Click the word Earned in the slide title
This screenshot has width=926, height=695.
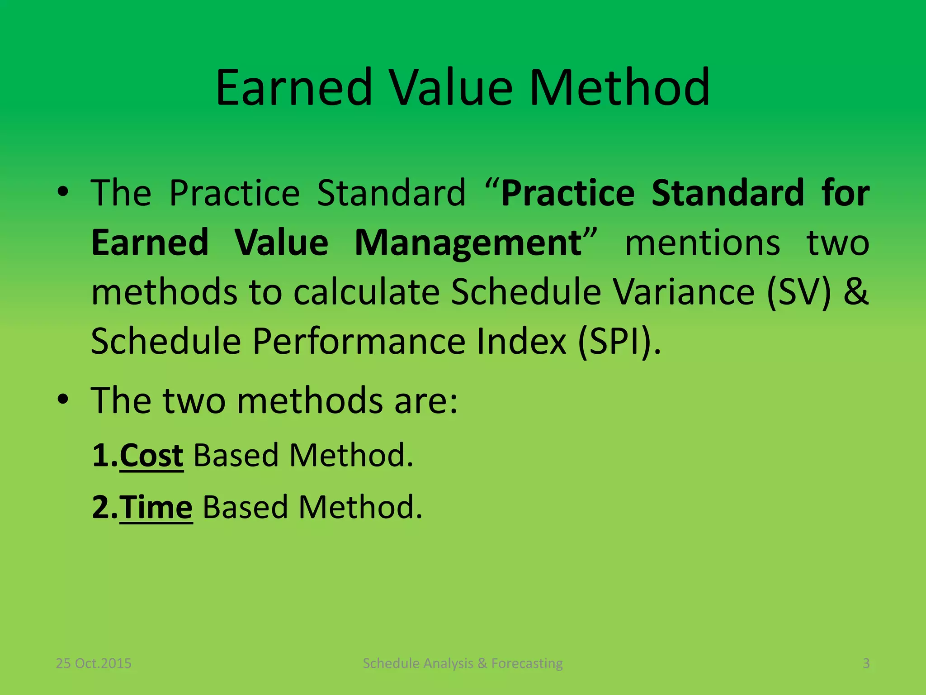294,88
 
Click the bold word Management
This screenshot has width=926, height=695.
468,243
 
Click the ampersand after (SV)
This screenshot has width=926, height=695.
856,292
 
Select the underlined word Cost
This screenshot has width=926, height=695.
151,455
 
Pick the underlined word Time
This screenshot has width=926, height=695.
156,507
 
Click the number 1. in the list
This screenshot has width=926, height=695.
104,455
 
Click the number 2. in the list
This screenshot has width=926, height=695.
104,507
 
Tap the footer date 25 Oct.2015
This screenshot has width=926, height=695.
93,663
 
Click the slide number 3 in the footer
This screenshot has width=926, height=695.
866,663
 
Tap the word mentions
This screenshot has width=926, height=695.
702,243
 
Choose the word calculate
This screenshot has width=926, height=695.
366,292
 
